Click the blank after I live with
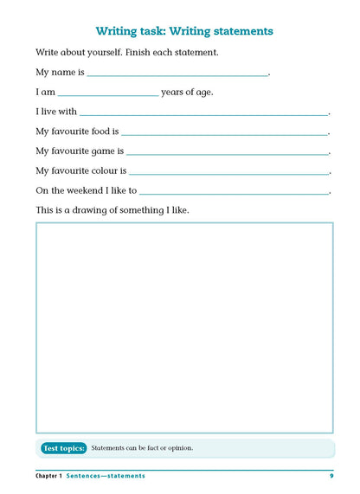(204, 113)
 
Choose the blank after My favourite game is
(228, 152)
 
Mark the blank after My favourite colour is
(229, 172)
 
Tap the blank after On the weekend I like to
(235, 191)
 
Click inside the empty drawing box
(183, 327)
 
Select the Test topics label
(64, 448)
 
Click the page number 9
(331, 476)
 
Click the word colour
(103, 170)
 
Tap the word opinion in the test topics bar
(177, 448)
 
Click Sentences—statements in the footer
(106, 476)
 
